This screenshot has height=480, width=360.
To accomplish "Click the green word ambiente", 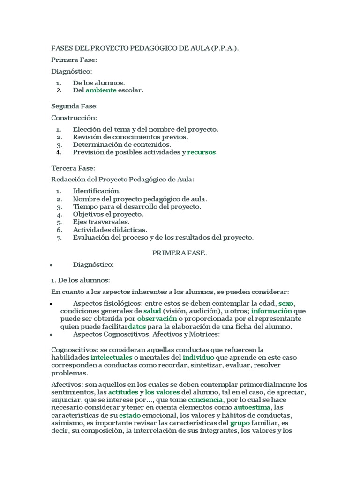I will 101,90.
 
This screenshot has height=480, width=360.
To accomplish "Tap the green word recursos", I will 202,152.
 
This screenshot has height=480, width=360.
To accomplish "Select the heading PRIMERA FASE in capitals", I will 180,253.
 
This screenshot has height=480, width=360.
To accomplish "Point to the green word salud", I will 152,311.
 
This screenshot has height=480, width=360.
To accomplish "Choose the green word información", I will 271,311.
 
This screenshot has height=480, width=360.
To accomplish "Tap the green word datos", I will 137,327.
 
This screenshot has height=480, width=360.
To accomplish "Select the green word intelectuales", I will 111,358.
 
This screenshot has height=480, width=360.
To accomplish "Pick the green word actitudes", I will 123,392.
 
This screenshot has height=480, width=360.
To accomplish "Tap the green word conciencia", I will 206,400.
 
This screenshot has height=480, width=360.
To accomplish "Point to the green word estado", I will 130,416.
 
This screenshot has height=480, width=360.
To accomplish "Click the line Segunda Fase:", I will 75,106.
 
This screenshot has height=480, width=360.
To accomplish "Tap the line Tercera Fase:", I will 73,168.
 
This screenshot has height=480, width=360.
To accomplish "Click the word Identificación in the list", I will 97,191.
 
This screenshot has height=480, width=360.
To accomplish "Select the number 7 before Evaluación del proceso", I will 59,238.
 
